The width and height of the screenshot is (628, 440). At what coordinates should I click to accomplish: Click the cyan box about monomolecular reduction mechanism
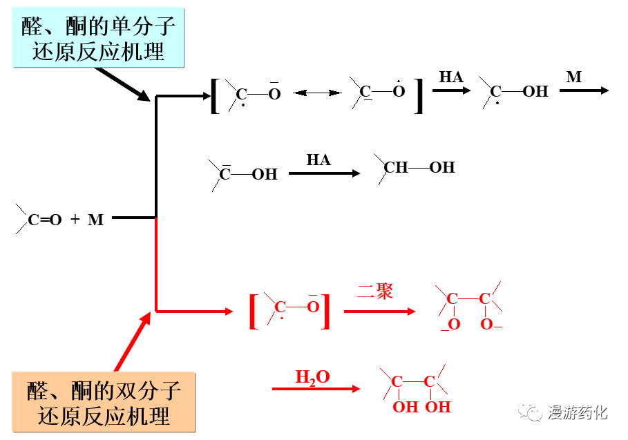tap(99, 39)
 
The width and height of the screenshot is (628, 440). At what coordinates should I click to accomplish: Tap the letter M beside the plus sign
tap(95, 220)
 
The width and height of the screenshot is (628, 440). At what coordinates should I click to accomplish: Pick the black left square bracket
tap(215, 95)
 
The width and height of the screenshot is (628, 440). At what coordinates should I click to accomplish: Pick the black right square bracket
tap(418, 95)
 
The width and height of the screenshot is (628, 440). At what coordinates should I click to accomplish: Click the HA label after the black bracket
tap(451, 77)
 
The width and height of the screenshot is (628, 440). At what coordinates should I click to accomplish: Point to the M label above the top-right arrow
tap(573, 77)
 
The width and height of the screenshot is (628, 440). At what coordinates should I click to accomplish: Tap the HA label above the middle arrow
tap(318, 160)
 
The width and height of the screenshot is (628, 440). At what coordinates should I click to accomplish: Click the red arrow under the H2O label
tap(316, 389)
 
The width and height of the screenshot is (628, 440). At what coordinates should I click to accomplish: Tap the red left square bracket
tap(254, 312)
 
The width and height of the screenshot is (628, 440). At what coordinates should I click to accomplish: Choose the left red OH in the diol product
tap(406, 407)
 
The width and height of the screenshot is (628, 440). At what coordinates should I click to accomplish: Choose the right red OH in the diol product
tap(438, 407)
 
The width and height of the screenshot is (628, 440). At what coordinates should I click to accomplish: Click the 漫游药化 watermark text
tap(578, 412)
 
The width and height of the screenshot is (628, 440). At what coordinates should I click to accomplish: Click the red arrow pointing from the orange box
tap(132, 341)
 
